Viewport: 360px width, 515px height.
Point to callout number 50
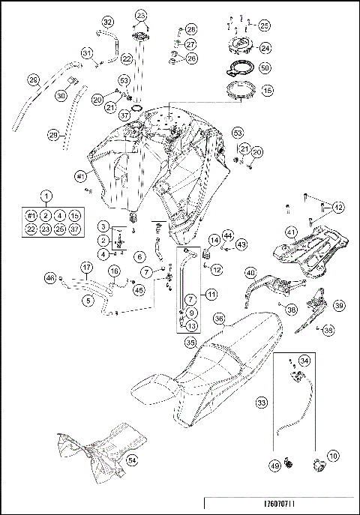(x=265, y=67)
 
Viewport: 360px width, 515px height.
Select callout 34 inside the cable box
(x=304, y=361)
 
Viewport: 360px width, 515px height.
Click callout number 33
(x=262, y=403)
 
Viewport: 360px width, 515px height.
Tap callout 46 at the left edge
(x=50, y=299)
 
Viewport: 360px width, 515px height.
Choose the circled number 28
(x=191, y=29)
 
